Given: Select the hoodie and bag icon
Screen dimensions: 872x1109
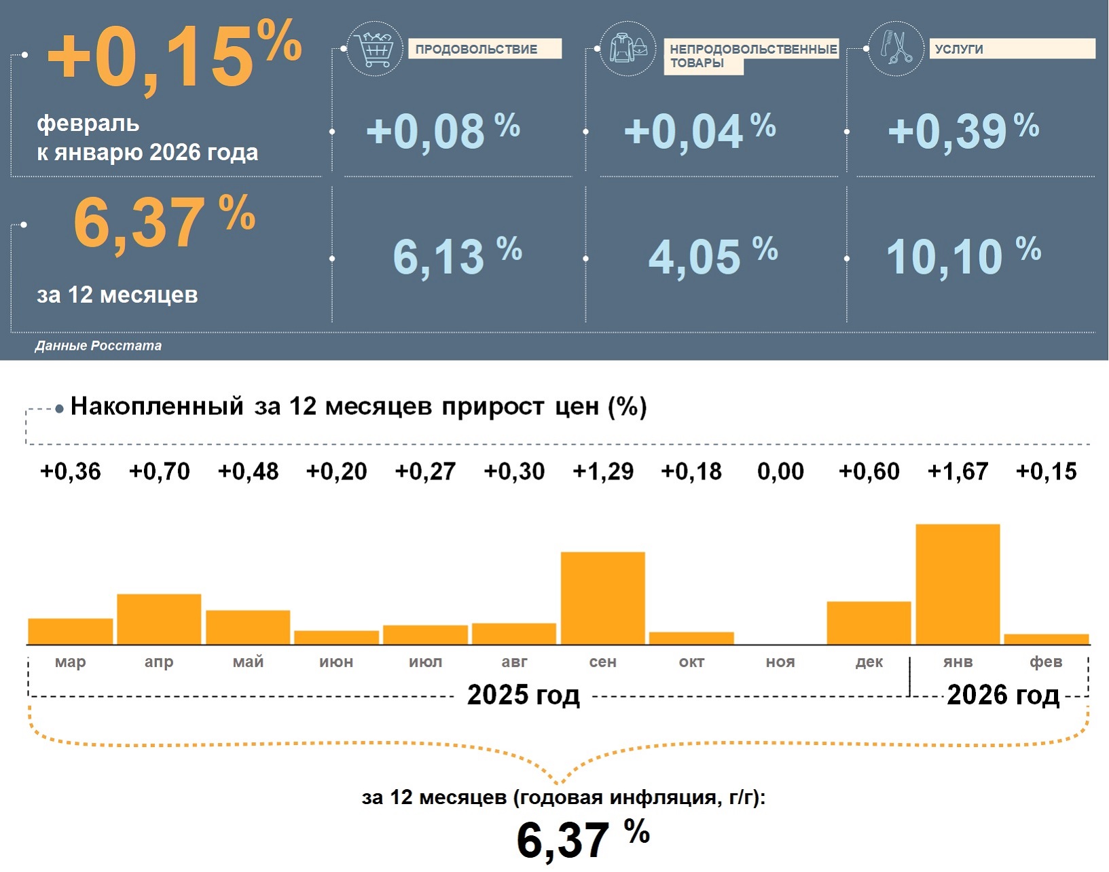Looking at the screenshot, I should coord(628,48).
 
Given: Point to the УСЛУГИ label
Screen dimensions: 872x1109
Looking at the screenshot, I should coord(958,49).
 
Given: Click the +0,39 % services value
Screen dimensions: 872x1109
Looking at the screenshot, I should coord(963,130).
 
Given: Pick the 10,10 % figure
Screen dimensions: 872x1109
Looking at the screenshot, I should coord(963,256).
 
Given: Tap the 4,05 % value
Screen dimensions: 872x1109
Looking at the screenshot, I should coord(712,256).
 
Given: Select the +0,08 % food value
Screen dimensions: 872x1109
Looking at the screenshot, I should coord(443,130).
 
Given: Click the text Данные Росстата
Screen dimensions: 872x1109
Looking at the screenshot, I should coord(98,346).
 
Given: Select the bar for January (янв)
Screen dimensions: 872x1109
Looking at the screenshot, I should coord(958,584).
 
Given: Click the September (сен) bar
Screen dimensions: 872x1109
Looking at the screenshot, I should coord(602,598).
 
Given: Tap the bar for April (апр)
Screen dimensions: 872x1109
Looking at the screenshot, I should coord(159,619).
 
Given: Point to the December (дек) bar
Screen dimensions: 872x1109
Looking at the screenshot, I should coord(869,623).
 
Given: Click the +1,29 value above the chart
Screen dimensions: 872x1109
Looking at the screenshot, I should coord(603,471).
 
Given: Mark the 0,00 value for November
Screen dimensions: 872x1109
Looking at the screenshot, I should coord(780,471).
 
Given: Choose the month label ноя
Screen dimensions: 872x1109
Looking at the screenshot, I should coord(780,661).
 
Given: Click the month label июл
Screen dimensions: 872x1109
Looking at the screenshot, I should coord(425,661).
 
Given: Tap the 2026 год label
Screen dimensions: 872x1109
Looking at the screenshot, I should coord(1002,695).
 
